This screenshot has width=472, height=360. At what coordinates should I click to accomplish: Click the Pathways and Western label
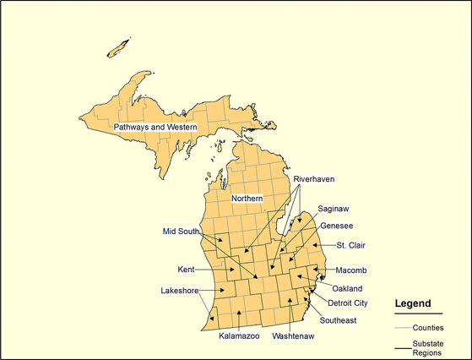(155, 128)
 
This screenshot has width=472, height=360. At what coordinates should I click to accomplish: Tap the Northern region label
(247, 199)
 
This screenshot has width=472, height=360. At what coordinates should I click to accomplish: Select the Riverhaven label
(314, 180)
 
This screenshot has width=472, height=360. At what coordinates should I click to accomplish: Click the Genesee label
(336, 226)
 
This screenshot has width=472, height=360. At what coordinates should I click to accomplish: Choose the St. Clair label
(351, 246)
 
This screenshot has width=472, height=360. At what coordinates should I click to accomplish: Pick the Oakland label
(347, 288)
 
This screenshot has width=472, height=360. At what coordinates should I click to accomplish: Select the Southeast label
(338, 320)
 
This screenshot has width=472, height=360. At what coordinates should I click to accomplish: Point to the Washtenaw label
(293, 336)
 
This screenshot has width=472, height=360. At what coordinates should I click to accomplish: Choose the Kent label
(186, 270)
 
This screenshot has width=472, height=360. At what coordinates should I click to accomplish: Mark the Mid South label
(182, 231)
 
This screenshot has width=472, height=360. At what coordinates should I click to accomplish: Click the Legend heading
(413, 303)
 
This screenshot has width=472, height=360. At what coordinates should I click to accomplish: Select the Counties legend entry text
(428, 327)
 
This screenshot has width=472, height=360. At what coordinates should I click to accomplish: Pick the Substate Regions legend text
(428, 348)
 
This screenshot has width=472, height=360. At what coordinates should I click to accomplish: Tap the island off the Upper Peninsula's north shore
(119, 47)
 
